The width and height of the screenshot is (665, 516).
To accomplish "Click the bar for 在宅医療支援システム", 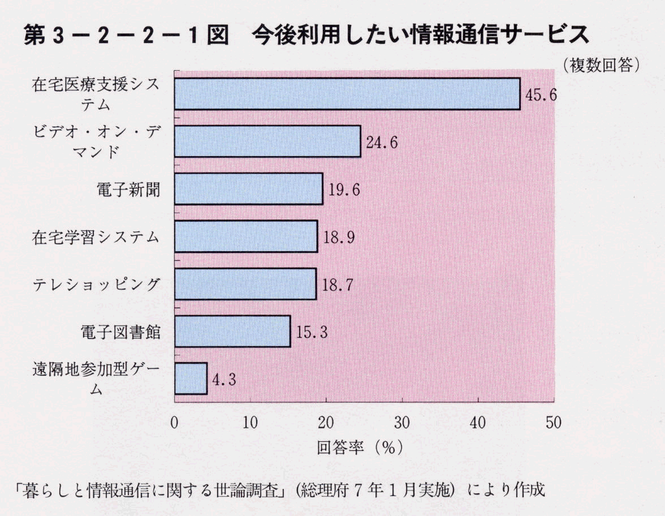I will click(x=347, y=94).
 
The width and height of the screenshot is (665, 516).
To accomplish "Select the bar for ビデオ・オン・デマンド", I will click(x=267, y=141).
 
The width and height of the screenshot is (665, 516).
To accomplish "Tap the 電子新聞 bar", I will click(x=248, y=189).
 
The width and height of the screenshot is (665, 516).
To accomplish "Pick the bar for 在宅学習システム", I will click(x=245, y=236).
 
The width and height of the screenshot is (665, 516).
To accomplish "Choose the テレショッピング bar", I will click(x=245, y=284).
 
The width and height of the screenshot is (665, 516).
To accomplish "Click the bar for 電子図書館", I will click(x=232, y=332).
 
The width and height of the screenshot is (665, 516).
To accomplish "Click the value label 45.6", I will click(x=541, y=94).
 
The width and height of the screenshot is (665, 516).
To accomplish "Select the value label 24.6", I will click(x=382, y=142).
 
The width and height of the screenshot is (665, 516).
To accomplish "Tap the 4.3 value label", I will click(x=223, y=380).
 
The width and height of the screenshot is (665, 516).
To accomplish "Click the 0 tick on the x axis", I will click(x=174, y=423).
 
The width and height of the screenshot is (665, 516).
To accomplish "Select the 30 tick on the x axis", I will click(x=402, y=423).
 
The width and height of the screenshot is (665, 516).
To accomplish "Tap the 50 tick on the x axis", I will click(x=554, y=423).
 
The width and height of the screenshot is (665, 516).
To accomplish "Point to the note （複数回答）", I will click(x=601, y=64).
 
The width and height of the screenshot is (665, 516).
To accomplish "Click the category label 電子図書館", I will click(x=120, y=332).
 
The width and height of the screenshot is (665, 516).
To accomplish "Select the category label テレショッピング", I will click(x=96, y=285).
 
